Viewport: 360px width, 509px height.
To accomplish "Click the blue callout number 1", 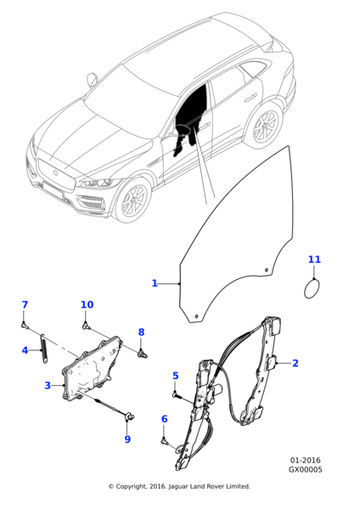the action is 155,283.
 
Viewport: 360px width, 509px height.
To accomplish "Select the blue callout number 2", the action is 295,363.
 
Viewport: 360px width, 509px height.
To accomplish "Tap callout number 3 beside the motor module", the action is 48,385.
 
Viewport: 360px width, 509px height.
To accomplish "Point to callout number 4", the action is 25,350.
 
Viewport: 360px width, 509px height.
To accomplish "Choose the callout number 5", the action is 176,376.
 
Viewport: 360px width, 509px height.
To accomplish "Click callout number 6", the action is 165,419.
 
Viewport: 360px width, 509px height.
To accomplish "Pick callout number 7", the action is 25,305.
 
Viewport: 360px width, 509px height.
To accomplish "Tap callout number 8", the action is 141,332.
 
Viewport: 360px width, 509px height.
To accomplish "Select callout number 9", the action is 127,439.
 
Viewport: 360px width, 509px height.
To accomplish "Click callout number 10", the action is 87,305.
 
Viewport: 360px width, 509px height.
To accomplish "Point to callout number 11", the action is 314,260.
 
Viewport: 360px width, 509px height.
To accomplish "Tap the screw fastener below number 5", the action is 177,395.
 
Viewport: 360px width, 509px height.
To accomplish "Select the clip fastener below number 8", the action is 143,353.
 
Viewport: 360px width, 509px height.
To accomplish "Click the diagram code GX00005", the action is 306,470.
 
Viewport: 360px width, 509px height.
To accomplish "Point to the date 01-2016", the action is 305,461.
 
